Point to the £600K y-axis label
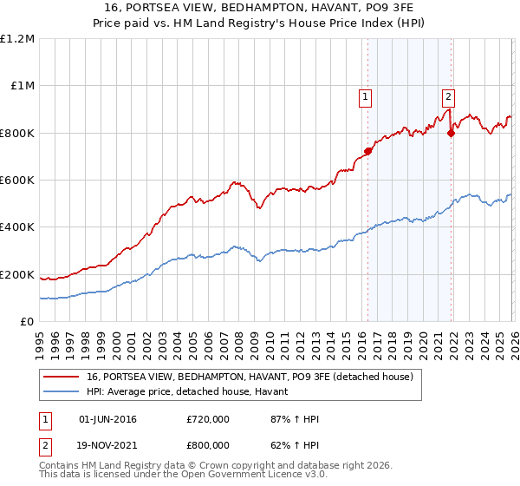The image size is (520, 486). [17, 181]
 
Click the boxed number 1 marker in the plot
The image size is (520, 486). [366, 97]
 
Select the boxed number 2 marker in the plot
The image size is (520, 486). [449, 97]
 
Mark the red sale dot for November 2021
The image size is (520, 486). [451, 133]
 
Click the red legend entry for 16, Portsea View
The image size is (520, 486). [250, 377]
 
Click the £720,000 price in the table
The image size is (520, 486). [208, 419]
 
